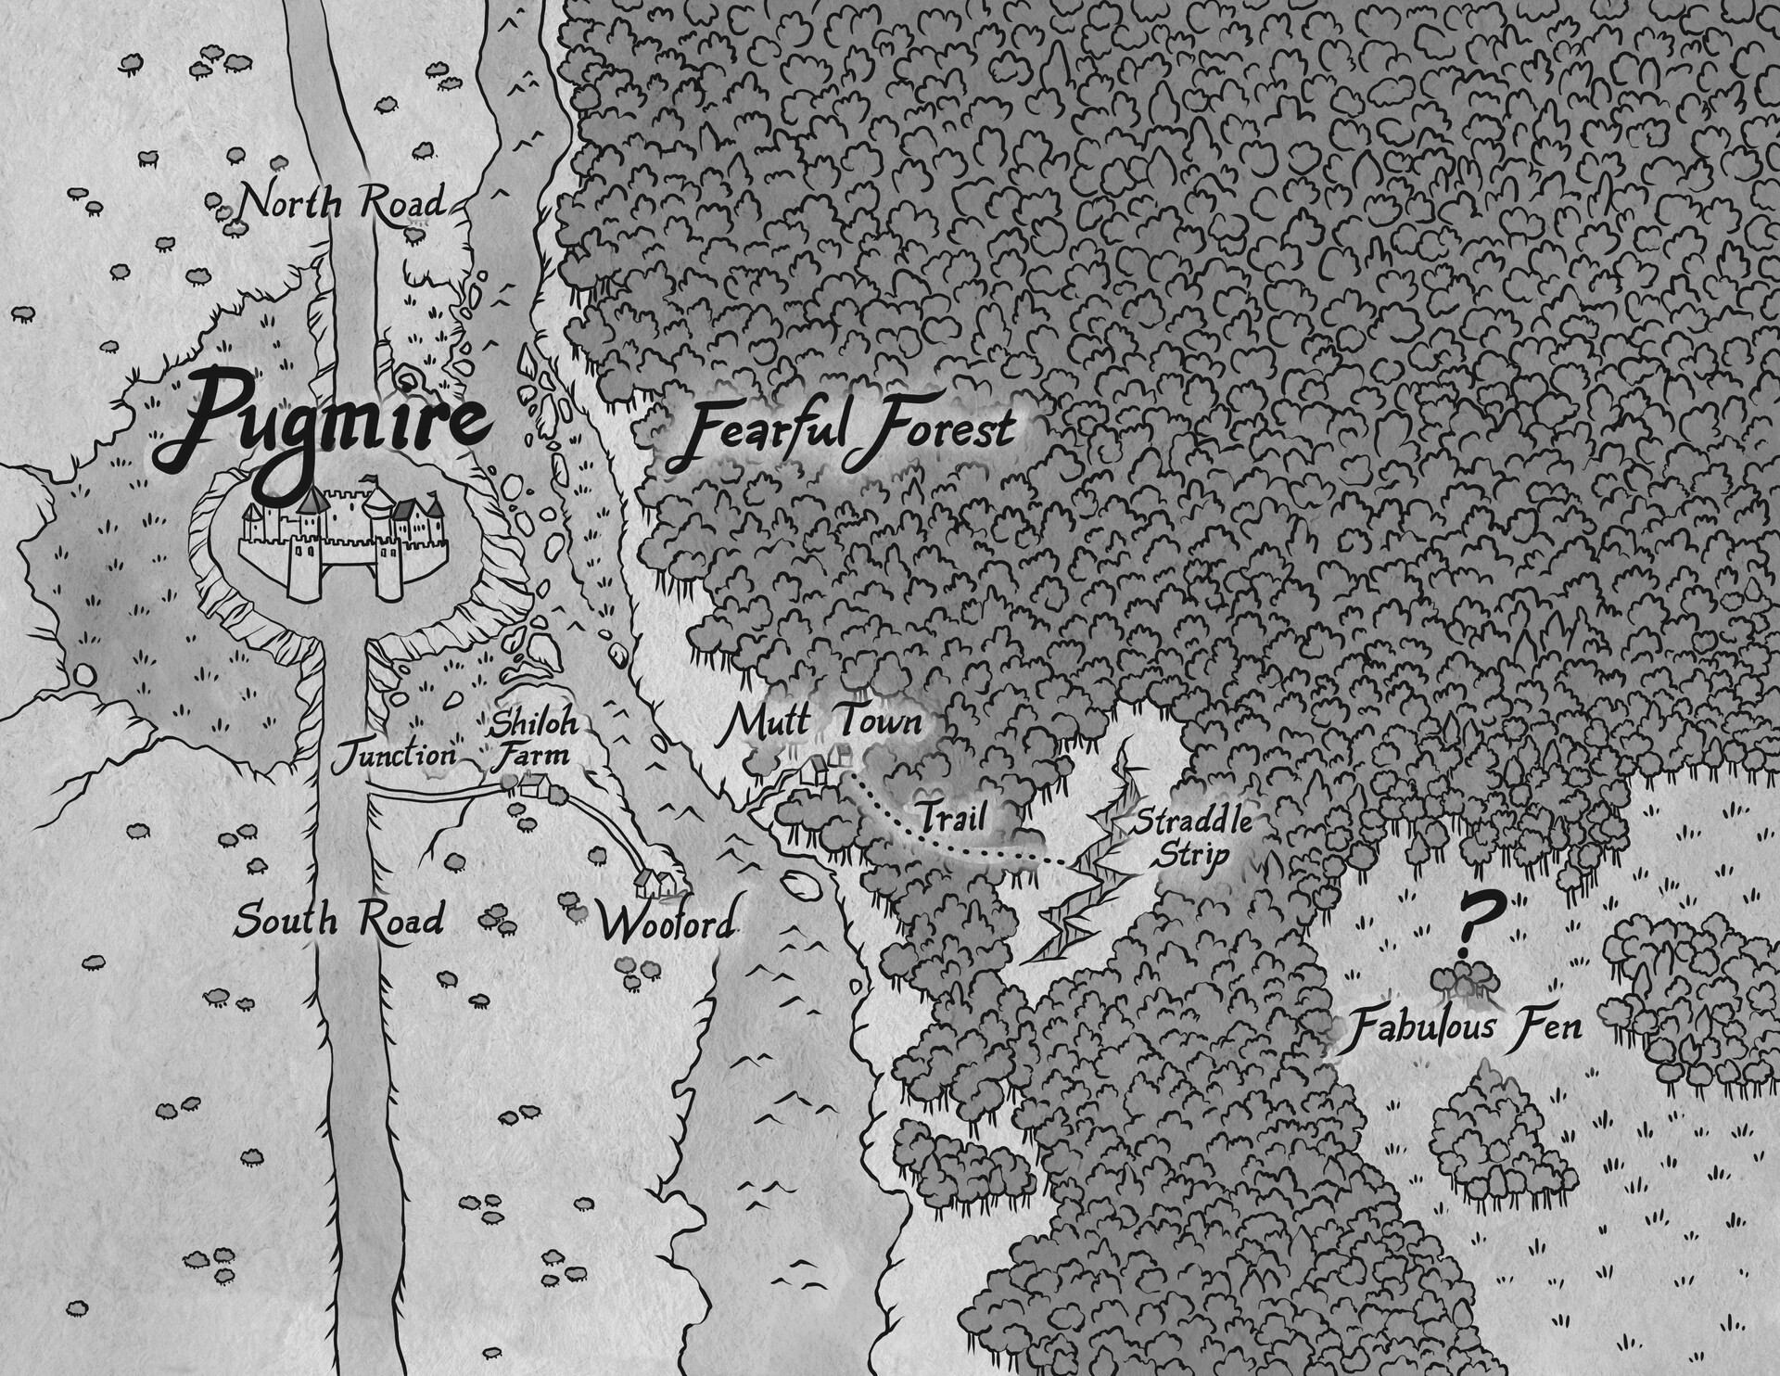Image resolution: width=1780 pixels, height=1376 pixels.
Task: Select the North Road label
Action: [x=338, y=201]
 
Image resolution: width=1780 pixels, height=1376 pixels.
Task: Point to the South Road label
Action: [x=338, y=921]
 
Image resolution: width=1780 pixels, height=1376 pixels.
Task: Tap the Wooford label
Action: [x=666, y=924]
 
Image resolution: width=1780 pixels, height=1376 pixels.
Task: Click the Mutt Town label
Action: [x=822, y=722]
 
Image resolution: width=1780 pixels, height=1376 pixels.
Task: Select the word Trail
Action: [x=949, y=817]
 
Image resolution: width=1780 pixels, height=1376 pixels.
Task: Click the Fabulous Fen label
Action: [x=1465, y=1027]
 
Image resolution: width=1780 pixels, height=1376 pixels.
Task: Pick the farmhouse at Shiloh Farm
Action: [x=535, y=787]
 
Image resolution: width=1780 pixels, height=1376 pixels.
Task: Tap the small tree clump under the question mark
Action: [x=1465, y=981]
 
